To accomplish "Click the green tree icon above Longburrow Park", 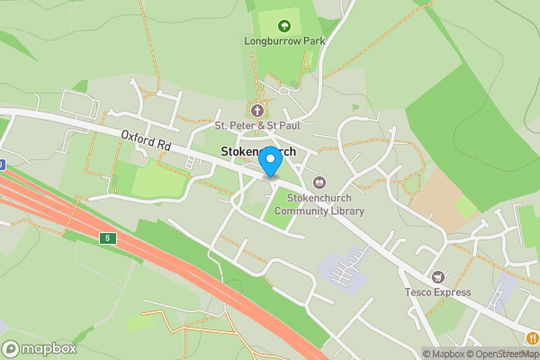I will [285, 26].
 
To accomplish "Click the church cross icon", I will [257, 111].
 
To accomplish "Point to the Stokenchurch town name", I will [258, 152].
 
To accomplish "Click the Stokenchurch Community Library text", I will [319, 205].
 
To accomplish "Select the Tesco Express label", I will [438, 292].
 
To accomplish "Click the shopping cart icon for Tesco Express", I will [438, 276].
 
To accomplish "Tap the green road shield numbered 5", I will [107, 238].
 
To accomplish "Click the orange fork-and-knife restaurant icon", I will [534, 337].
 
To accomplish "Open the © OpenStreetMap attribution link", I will [503, 354].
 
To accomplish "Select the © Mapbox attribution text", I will [444, 354].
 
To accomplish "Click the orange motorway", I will [180, 261].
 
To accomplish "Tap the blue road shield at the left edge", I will [2, 165].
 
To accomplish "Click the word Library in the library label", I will [347, 211].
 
